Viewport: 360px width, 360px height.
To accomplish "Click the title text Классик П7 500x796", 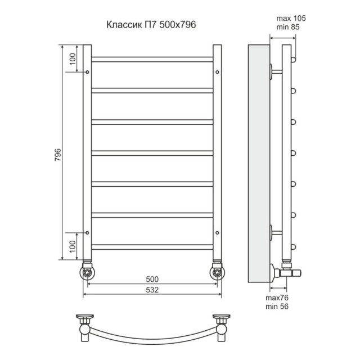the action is tap(151, 25).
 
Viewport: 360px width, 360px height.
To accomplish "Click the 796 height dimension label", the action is tap(58, 155).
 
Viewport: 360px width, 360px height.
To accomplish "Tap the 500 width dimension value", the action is tap(152, 279).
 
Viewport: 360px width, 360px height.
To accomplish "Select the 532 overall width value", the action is tap(152, 290).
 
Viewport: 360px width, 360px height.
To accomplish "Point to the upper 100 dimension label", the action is tap(73, 59).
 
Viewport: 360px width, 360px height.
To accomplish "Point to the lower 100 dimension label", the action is tap(73, 246).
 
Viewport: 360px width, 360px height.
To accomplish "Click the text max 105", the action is tap(291, 18).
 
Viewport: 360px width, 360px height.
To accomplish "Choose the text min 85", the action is tap(288, 27).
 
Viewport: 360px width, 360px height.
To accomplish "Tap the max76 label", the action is tap(277, 298).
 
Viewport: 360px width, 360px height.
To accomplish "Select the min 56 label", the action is tap(277, 306).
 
